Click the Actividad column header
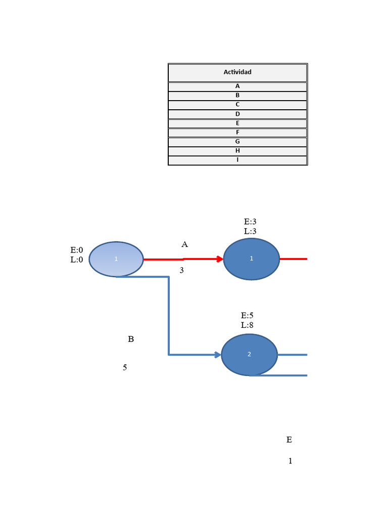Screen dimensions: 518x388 [237, 72]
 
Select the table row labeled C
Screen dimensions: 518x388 [237, 105]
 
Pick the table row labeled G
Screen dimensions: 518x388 [237, 142]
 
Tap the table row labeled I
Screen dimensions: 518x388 [237, 160]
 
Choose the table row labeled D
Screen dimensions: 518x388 [237, 114]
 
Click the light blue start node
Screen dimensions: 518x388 [116, 259]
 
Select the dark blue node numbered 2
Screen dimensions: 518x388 [249, 355]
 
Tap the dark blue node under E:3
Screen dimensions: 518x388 [251, 259]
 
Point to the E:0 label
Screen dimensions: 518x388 [77, 250]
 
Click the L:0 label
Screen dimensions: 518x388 [77, 260]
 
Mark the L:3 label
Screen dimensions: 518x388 [250, 231]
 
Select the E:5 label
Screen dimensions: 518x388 [247, 316]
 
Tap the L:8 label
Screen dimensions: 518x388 [247, 325]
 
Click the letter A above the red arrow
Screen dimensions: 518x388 [184, 244]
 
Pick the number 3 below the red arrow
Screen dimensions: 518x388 [181, 271]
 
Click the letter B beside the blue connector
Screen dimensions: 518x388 [131, 339]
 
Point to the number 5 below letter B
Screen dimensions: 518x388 [125, 368]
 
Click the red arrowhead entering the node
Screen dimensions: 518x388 [219, 259]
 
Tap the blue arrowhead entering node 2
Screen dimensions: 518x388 [218, 355]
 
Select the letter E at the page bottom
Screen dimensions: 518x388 [289, 440]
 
